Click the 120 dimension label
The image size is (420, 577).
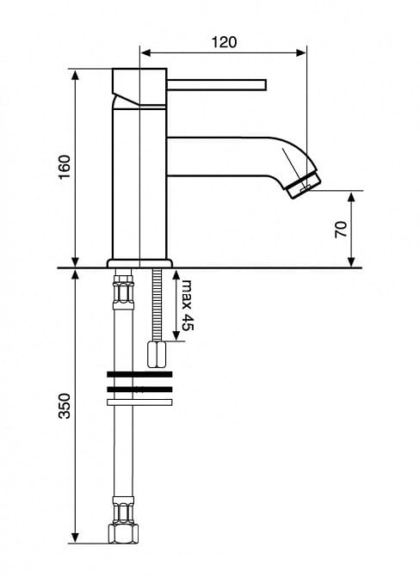click(x=224, y=42)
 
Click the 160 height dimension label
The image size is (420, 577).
click(x=65, y=167)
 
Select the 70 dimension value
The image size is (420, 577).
click(x=341, y=230)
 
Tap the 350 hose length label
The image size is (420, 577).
click(x=65, y=406)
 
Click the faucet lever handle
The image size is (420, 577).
click(x=217, y=84)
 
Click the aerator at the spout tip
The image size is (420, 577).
click(x=303, y=184)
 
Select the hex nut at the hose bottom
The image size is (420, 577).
click(x=123, y=533)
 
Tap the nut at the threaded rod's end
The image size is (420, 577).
click(x=157, y=354)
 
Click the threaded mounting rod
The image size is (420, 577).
click(x=157, y=304)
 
